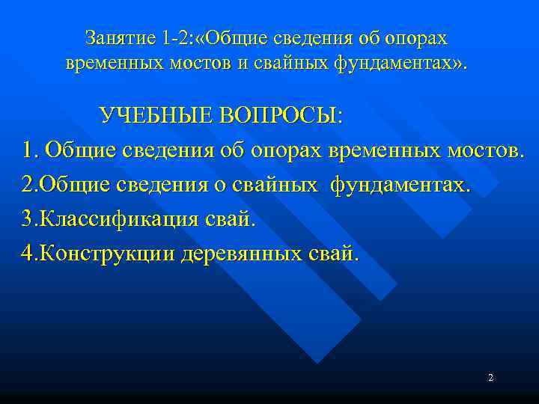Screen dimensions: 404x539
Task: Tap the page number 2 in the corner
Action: (490, 378)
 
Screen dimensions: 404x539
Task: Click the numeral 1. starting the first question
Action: (30, 150)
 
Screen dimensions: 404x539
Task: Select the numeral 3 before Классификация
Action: (28, 219)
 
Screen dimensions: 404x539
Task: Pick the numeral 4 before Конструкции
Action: (28, 254)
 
